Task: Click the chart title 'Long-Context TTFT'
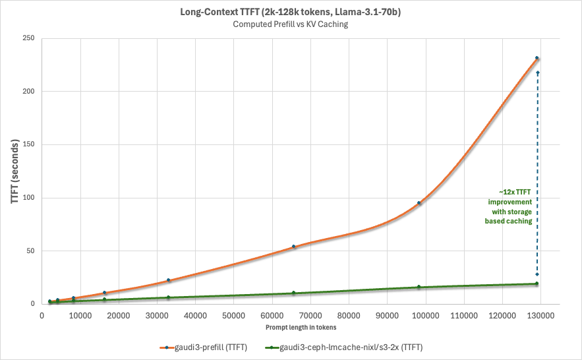(291, 13)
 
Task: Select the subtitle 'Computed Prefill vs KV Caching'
(291, 24)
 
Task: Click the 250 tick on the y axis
(28, 38)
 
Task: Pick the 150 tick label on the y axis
(28, 144)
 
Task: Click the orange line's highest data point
(537, 59)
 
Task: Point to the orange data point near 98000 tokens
(419, 203)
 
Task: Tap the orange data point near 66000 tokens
(294, 247)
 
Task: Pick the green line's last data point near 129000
(537, 284)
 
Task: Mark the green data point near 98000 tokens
(419, 287)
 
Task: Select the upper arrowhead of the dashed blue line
(538, 73)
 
